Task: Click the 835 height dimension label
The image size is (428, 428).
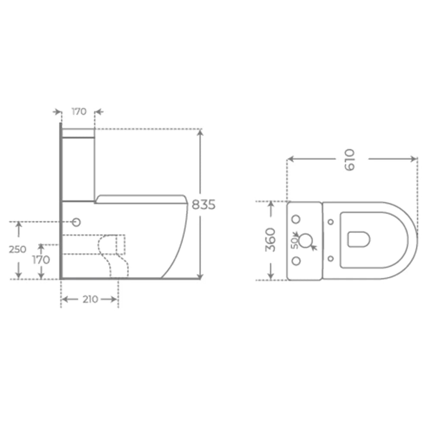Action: tap(204, 205)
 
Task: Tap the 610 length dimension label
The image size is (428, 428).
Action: tap(350, 160)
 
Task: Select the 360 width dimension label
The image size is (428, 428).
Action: tap(270, 240)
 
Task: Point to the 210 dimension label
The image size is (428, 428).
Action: tap(90, 300)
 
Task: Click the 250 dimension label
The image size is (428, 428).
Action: tap(17, 249)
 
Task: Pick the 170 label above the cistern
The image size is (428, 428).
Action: tap(79, 112)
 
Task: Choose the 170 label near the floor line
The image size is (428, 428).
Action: tap(41, 260)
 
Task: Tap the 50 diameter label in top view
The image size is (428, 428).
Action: tap(294, 243)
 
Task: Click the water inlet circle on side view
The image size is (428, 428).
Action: tap(77, 223)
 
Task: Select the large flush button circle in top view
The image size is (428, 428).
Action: tap(306, 240)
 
